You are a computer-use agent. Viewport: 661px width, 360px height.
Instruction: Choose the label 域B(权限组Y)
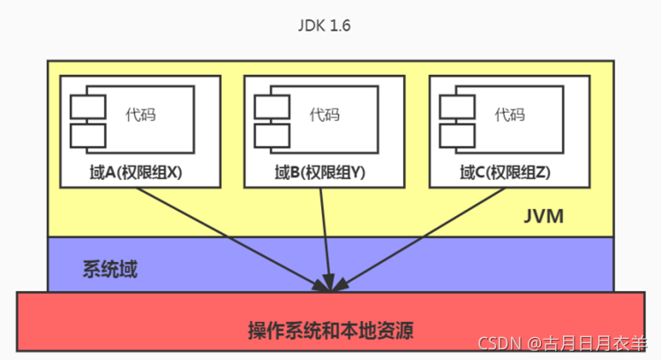(x=319, y=173)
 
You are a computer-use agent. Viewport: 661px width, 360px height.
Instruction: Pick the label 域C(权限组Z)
(x=505, y=173)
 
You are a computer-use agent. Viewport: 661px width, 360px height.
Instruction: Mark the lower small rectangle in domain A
(x=89, y=135)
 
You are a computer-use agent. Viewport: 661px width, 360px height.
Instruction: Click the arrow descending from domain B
(x=326, y=238)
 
